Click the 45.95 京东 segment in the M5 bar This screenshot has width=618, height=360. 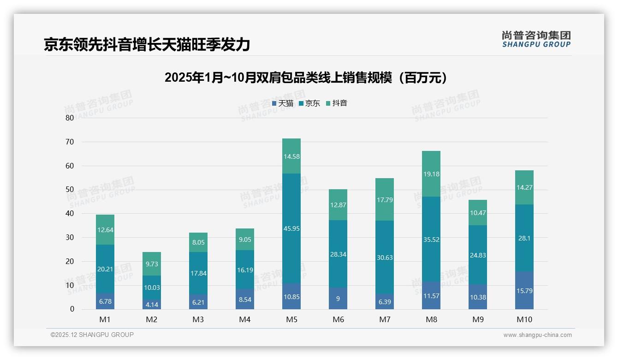tap(291, 228)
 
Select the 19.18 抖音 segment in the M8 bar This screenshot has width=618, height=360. tap(431, 174)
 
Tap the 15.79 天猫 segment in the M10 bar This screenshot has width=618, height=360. tap(524, 290)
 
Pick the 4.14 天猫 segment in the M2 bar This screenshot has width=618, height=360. tap(152, 305)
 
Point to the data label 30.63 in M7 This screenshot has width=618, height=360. tap(385, 258)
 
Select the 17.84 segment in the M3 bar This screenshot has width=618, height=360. tap(198, 273)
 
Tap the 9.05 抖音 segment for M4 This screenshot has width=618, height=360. tap(245, 239)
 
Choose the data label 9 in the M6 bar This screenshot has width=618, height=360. tap(338, 299)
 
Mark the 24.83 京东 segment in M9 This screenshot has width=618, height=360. tap(478, 255)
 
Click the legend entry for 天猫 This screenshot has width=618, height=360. tap(283, 103)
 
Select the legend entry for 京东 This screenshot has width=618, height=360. tap(309, 103)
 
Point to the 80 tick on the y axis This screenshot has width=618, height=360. tap(70, 118)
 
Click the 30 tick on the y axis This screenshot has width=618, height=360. tap(70, 237)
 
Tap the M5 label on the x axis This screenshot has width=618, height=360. tap(291, 319)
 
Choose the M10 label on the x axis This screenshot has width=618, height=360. tap(524, 319)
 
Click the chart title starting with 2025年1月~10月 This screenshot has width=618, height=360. tap(306, 78)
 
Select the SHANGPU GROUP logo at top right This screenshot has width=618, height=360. tap(536, 39)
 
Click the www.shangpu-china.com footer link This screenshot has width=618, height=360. tap(537, 335)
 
